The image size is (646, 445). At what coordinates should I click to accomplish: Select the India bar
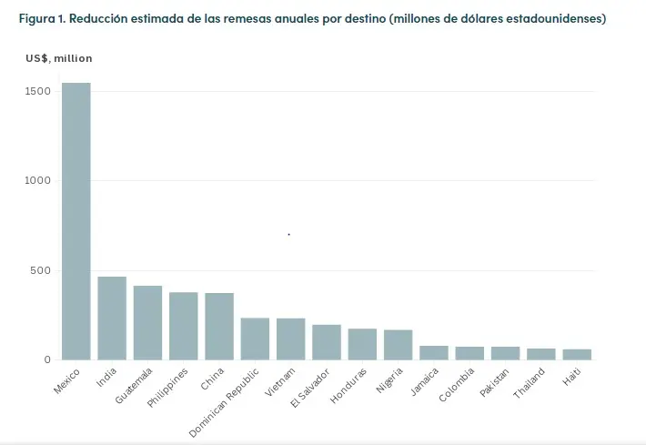coord(112,318)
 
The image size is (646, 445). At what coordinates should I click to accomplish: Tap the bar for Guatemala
coord(147,322)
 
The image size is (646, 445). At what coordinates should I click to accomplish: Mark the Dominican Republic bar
coord(255,339)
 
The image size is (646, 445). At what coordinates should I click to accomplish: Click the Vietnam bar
coord(290,339)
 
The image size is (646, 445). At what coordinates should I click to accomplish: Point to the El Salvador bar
coord(327,342)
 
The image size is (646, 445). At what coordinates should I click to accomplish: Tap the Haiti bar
coord(577,354)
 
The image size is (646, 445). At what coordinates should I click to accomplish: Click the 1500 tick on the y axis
coord(37,91)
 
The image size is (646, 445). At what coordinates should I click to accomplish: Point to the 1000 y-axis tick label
coord(37,180)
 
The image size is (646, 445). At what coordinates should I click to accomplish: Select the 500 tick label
coord(41,270)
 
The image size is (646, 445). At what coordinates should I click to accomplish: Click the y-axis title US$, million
coord(59,58)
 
